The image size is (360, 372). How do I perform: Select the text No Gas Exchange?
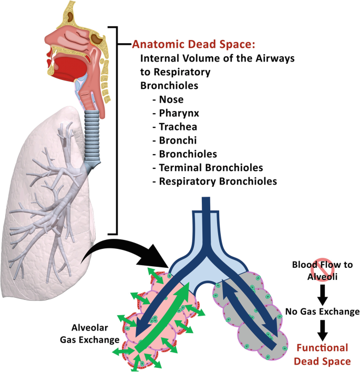click(322, 311)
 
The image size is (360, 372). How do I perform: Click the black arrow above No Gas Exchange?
click(322, 293)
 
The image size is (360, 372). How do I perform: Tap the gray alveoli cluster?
click(252, 316)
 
